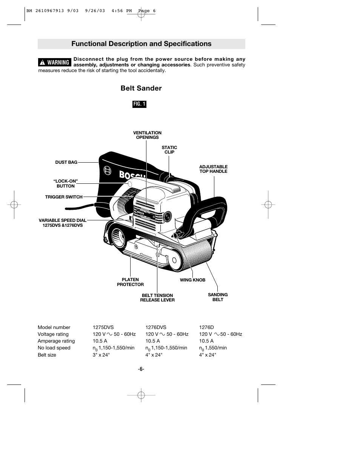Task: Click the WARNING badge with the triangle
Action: coord(55,62)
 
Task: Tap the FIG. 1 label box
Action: coord(139,104)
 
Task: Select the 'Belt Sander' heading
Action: coord(141,88)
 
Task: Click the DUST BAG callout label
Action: coord(66,162)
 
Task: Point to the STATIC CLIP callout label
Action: coord(169,150)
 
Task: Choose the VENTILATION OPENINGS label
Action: coord(147,135)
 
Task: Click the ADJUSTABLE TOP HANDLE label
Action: coord(213,169)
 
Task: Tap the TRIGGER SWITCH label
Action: coord(64,197)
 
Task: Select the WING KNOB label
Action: coord(192,280)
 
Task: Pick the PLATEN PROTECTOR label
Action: coord(130,282)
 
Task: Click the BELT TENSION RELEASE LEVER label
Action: coord(157,298)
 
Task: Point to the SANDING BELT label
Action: coord(218,297)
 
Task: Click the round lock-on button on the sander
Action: coord(130,184)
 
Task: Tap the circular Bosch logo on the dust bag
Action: coord(108,171)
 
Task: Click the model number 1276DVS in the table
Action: coord(156,328)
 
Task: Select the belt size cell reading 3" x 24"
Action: coord(101,355)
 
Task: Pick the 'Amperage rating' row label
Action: coord(56,341)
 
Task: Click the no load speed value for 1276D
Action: coord(213,348)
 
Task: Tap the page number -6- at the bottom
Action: coord(141,369)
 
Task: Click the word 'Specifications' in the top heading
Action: coord(188,44)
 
